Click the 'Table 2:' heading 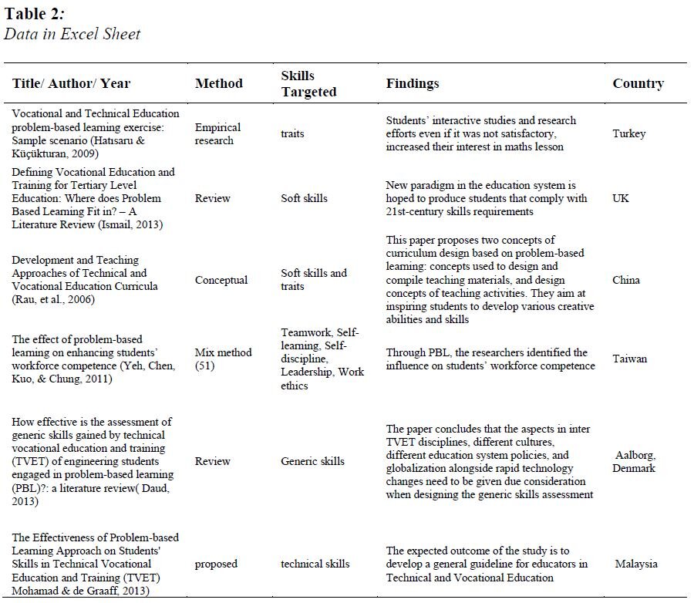click(x=36, y=15)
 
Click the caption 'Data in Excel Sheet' click(x=72, y=34)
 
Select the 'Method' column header click(x=218, y=83)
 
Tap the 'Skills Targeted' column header click(x=308, y=83)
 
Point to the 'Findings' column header click(x=413, y=83)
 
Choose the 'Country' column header click(x=638, y=83)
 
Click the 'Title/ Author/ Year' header click(x=72, y=83)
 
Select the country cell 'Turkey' click(x=629, y=133)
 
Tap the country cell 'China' click(x=626, y=280)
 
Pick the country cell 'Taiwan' click(x=629, y=359)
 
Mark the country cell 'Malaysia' click(x=636, y=564)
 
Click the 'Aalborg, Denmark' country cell click(x=635, y=461)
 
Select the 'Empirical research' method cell click(x=217, y=133)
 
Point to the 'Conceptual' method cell click(x=221, y=280)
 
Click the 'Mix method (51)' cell click(x=223, y=359)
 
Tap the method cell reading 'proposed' click(x=216, y=564)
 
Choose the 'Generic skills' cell click(x=312, y=461)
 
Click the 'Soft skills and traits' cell click(x=314, y=280)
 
